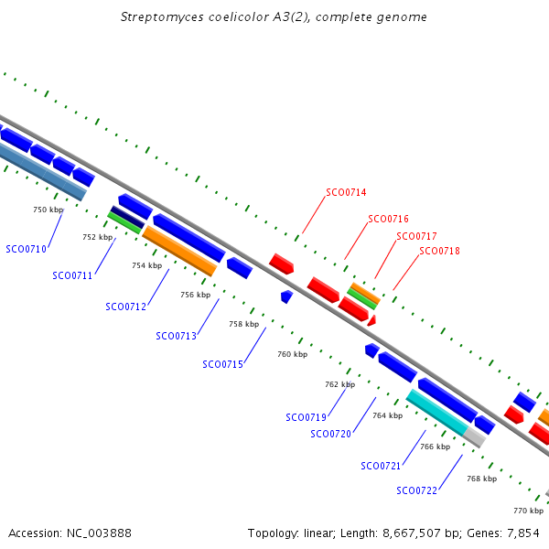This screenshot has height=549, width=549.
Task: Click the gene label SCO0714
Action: pos(346,193)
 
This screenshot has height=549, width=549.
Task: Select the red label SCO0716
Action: pos(388,220)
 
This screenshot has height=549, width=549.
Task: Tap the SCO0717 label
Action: pos(416,236)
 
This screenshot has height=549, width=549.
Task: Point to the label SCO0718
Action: pos(439,251)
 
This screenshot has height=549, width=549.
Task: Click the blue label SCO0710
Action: pos(26,249)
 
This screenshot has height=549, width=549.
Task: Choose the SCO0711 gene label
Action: pos(72,275)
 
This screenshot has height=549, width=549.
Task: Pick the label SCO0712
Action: pos(125,307)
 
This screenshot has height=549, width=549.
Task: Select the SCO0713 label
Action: pos(176,336)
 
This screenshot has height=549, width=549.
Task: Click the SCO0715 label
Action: pos(222,364)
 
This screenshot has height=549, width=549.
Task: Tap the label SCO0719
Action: pos(306,417)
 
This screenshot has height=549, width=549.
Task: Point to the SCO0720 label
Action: pos(330,434)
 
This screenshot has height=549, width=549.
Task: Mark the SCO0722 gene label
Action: pos(416,490)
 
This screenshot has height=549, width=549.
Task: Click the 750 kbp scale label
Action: pos(48,210)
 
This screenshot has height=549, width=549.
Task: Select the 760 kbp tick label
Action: pos(292,354)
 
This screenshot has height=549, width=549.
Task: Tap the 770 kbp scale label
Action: pos(528,511)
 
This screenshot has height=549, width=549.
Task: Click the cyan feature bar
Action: pos(436,412)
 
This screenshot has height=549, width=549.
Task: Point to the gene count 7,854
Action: pos(522,533)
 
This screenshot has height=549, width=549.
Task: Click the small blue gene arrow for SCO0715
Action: pos(286,296)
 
